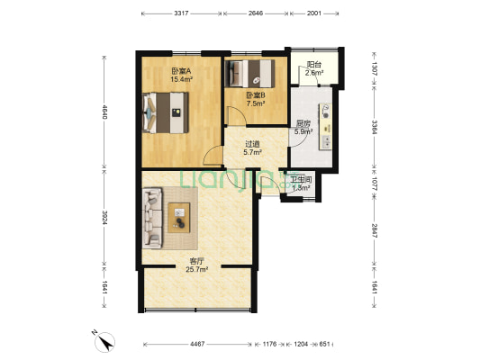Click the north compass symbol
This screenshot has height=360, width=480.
[x=104, y=342]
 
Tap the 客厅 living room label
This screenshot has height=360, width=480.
[x=197, y=262]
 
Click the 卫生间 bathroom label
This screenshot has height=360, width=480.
[x=301, y=180]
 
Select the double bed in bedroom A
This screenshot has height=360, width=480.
[x=166, y=112]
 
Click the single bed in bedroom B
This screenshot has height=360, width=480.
[x=249, y=74]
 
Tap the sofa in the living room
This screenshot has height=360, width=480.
[x=152, y=218]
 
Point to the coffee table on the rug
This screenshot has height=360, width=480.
[x=179, y=218]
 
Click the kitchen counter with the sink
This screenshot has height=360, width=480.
[x=326, y=127]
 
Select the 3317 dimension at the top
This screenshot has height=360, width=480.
[x=181, y=13]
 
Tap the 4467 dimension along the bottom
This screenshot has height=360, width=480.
[x=197, y=344]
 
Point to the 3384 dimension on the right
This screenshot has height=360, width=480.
[x=375, y=127]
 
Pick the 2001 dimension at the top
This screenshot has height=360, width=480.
[x=314, y=13]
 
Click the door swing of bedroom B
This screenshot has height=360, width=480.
[x=237, y=115]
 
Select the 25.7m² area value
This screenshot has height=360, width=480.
[x=197, y=269]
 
